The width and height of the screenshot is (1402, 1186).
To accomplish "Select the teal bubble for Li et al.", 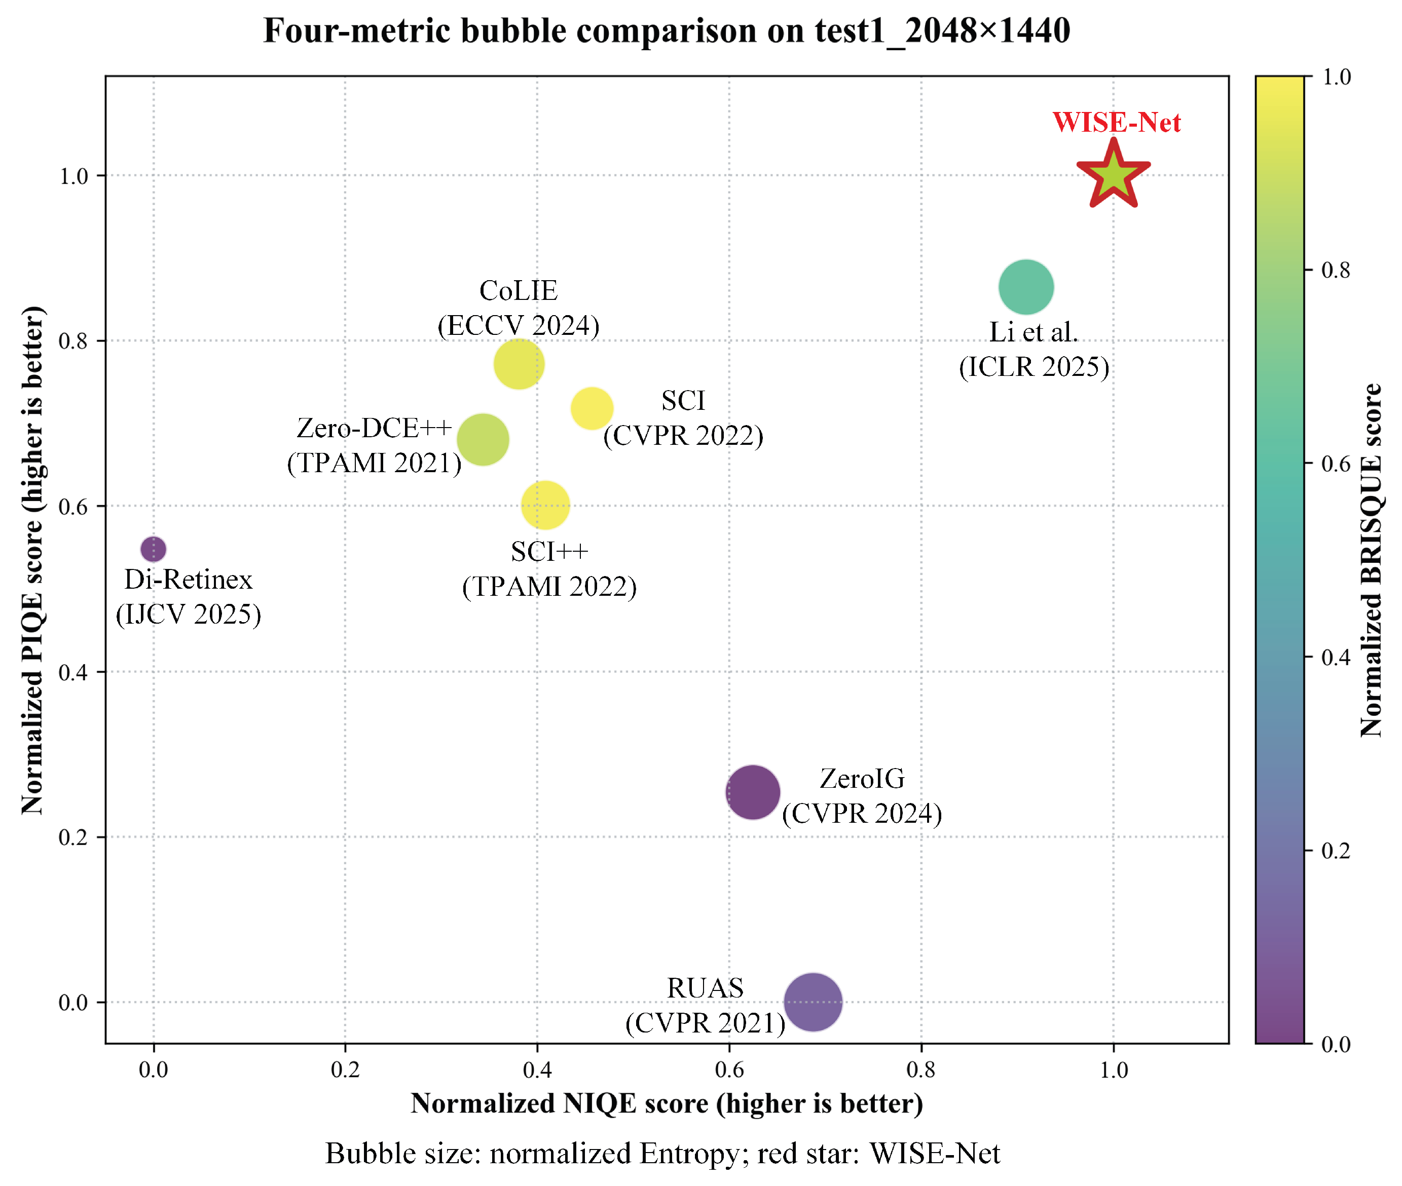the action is pos(1025,287).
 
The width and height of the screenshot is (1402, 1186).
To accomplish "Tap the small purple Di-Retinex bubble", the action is pos(154,549).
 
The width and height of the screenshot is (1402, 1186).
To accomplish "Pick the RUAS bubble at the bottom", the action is pos(813,1002).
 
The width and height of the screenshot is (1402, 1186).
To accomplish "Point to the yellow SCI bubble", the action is pos(592,408).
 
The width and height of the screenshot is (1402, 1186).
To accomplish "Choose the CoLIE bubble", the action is pos(519,364).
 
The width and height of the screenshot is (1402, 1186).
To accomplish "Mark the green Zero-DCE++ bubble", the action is pos(483,440).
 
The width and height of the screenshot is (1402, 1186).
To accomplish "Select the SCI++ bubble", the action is pos(545,505).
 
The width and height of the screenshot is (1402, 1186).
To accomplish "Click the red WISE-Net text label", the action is pos(1116,123).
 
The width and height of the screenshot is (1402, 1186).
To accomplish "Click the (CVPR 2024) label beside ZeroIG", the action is pos(862,814).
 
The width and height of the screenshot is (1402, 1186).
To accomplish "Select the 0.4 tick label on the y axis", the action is pos(73,672).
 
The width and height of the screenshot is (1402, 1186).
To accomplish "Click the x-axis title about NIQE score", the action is pos(667,1104).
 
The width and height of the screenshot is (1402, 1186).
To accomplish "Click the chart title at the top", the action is pos(667,31).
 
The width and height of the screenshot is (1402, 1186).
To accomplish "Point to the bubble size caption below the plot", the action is pos(662,1154).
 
